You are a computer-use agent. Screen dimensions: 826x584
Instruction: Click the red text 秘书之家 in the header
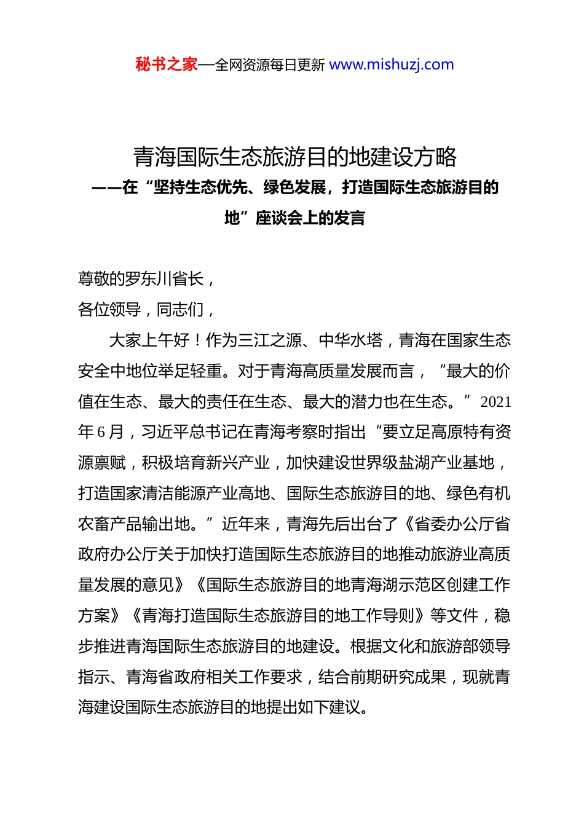(167, 65)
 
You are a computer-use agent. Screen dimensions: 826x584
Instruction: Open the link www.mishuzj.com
(392, 65)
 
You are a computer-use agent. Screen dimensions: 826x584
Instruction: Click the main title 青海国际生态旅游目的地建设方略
(295, 157)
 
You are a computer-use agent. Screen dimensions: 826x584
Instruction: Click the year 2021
(495, 402)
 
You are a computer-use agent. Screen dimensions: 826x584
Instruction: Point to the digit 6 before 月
(101, 433)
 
